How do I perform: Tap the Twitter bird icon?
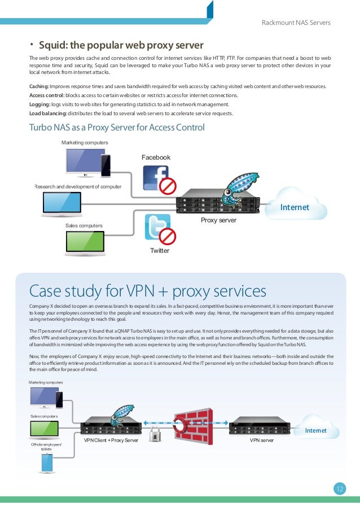[157, 227]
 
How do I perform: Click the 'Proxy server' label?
[218, 220]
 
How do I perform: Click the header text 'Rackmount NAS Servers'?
[296, 23]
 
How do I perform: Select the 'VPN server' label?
[261, 439]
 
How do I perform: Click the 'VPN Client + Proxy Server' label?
[111, 439]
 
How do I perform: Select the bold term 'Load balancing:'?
[47, 114]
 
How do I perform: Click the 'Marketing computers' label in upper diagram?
[85, 142]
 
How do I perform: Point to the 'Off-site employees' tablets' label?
[46, 447]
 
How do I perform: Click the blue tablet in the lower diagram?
[47, 463]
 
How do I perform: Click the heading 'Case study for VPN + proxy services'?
[147, 291]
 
